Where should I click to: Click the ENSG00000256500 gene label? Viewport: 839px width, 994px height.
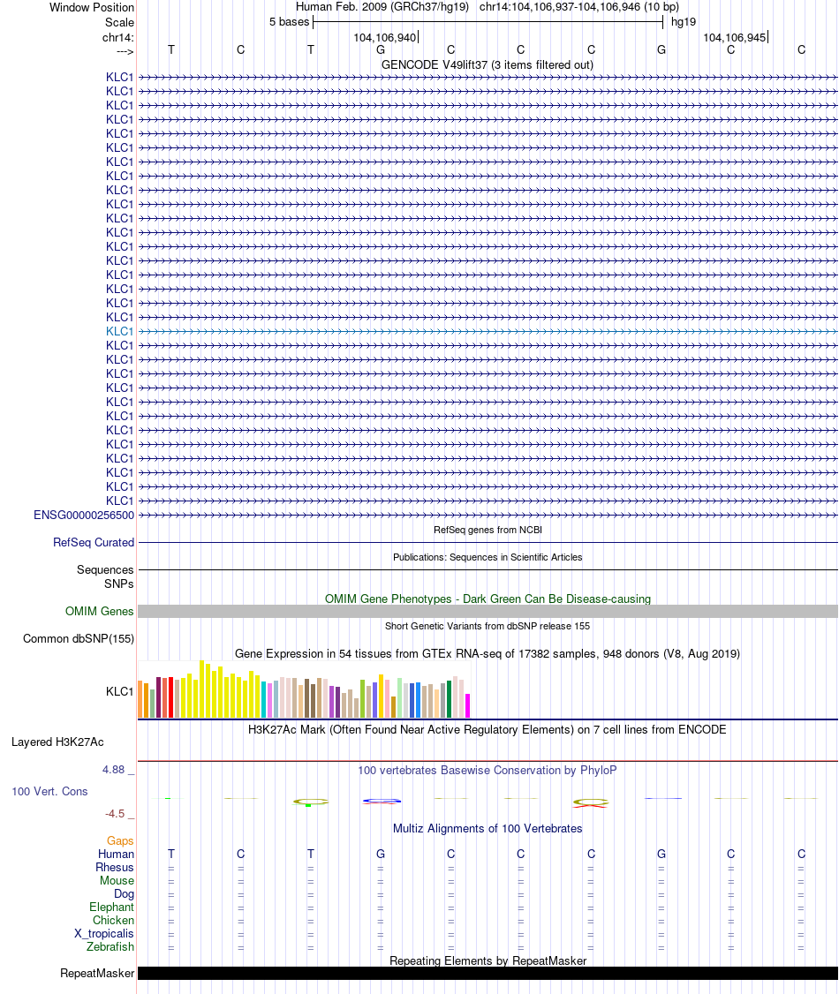point(84,515)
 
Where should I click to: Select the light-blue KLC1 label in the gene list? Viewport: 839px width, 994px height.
point(120,331)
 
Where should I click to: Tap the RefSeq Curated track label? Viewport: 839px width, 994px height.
point(94,543)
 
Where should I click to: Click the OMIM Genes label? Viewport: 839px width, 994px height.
point(100,612)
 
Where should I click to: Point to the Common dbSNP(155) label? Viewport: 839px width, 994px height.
point(79,639)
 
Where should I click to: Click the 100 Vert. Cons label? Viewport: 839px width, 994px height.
point(49,792)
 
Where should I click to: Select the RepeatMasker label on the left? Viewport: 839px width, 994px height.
point(97,974)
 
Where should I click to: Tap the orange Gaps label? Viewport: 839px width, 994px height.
point(120,841)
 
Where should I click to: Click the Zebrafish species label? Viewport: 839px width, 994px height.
point(110,947)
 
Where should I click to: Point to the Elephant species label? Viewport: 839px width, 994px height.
point(111,907)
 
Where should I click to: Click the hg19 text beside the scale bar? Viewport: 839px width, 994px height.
point(684,22)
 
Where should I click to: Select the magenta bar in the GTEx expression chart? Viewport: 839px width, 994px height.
point(468,705)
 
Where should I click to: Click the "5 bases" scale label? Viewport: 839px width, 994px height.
point(290,22)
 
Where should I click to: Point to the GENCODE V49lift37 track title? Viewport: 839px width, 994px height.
point(487,64)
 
